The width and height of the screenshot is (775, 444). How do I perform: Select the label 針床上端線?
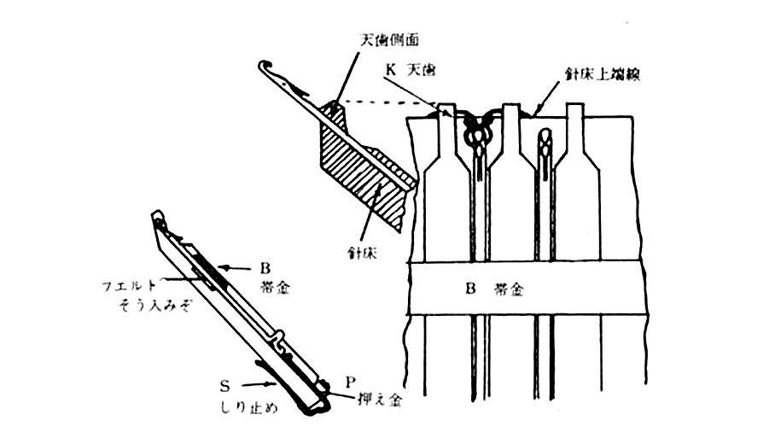[597, 75]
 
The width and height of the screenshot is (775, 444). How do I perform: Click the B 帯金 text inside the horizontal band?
[495, 289]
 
